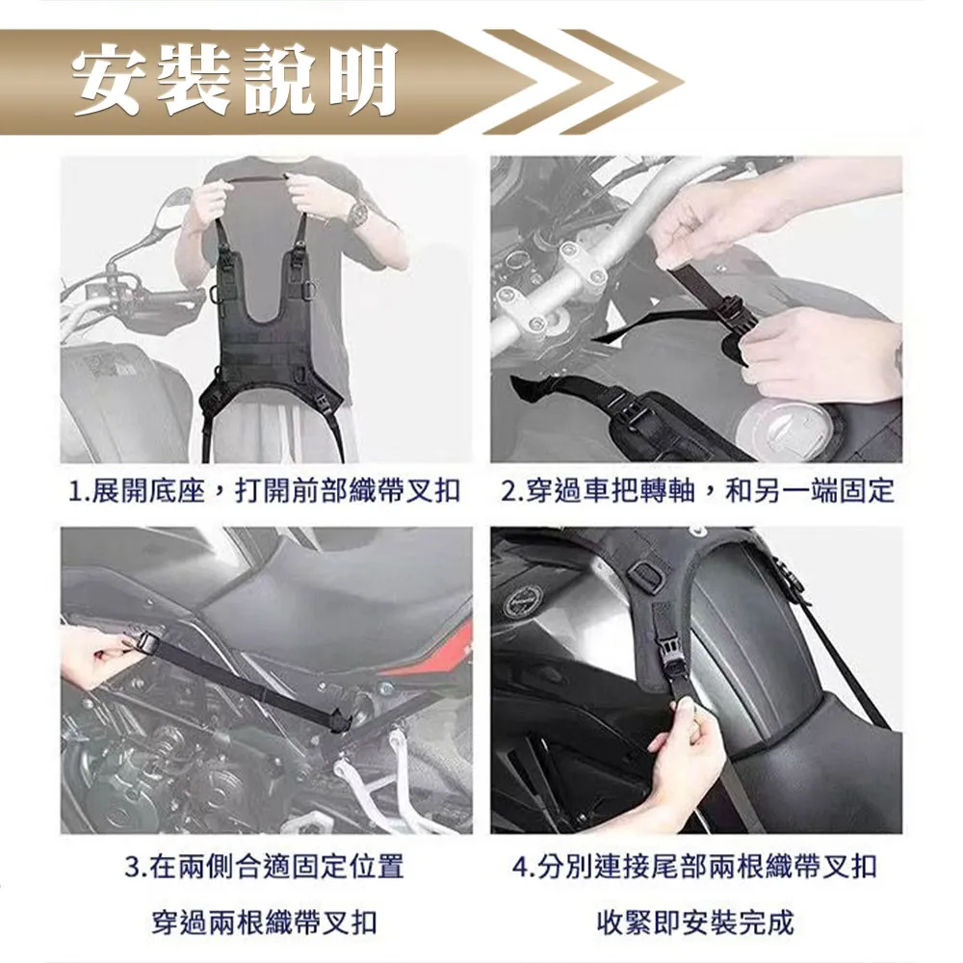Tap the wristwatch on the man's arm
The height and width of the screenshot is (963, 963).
357,213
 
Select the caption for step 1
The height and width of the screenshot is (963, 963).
265,492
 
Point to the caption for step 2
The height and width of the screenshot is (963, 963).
697,492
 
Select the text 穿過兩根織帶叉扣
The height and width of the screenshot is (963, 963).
265,922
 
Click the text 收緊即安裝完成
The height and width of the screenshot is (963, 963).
696,922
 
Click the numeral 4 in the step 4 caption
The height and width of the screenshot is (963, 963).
520,868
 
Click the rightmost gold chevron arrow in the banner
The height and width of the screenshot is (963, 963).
621,82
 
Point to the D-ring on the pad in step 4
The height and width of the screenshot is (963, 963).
644,574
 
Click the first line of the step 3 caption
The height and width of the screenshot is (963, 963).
265,868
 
